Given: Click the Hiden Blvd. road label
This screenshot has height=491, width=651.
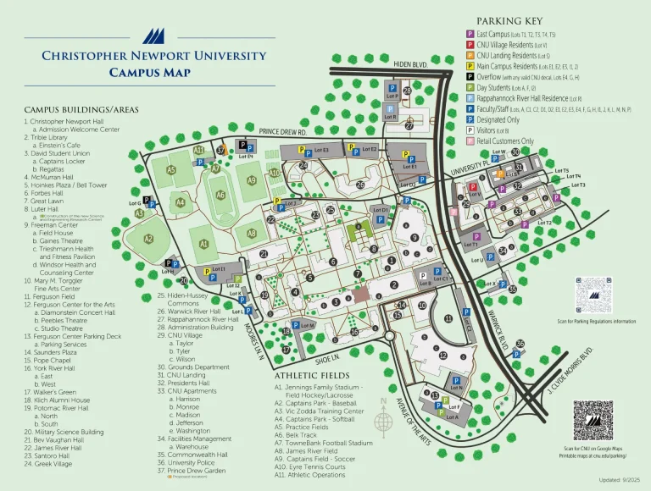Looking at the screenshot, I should pyautogui.click(x=410, y=63).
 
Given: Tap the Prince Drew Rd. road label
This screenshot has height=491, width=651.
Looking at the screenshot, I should pyautogui.click(x=283, y=131).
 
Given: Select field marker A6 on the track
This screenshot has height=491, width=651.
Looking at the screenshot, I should pyautogui.click(x=220, y=195).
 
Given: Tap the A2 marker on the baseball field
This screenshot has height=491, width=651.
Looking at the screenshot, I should pyautogui.click(x=148, y=240).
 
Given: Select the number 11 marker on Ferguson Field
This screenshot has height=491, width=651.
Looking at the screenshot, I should pyautogui.click(x=448, y=318).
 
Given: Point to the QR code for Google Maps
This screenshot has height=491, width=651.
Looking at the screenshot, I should pyautogui.click(x=593, y=420).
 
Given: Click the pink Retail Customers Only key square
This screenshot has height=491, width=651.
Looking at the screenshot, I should pyautogui.click(x=470, y=141).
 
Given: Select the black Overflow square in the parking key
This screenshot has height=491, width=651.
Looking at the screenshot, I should pyautogui.click(x=470, y=76).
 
